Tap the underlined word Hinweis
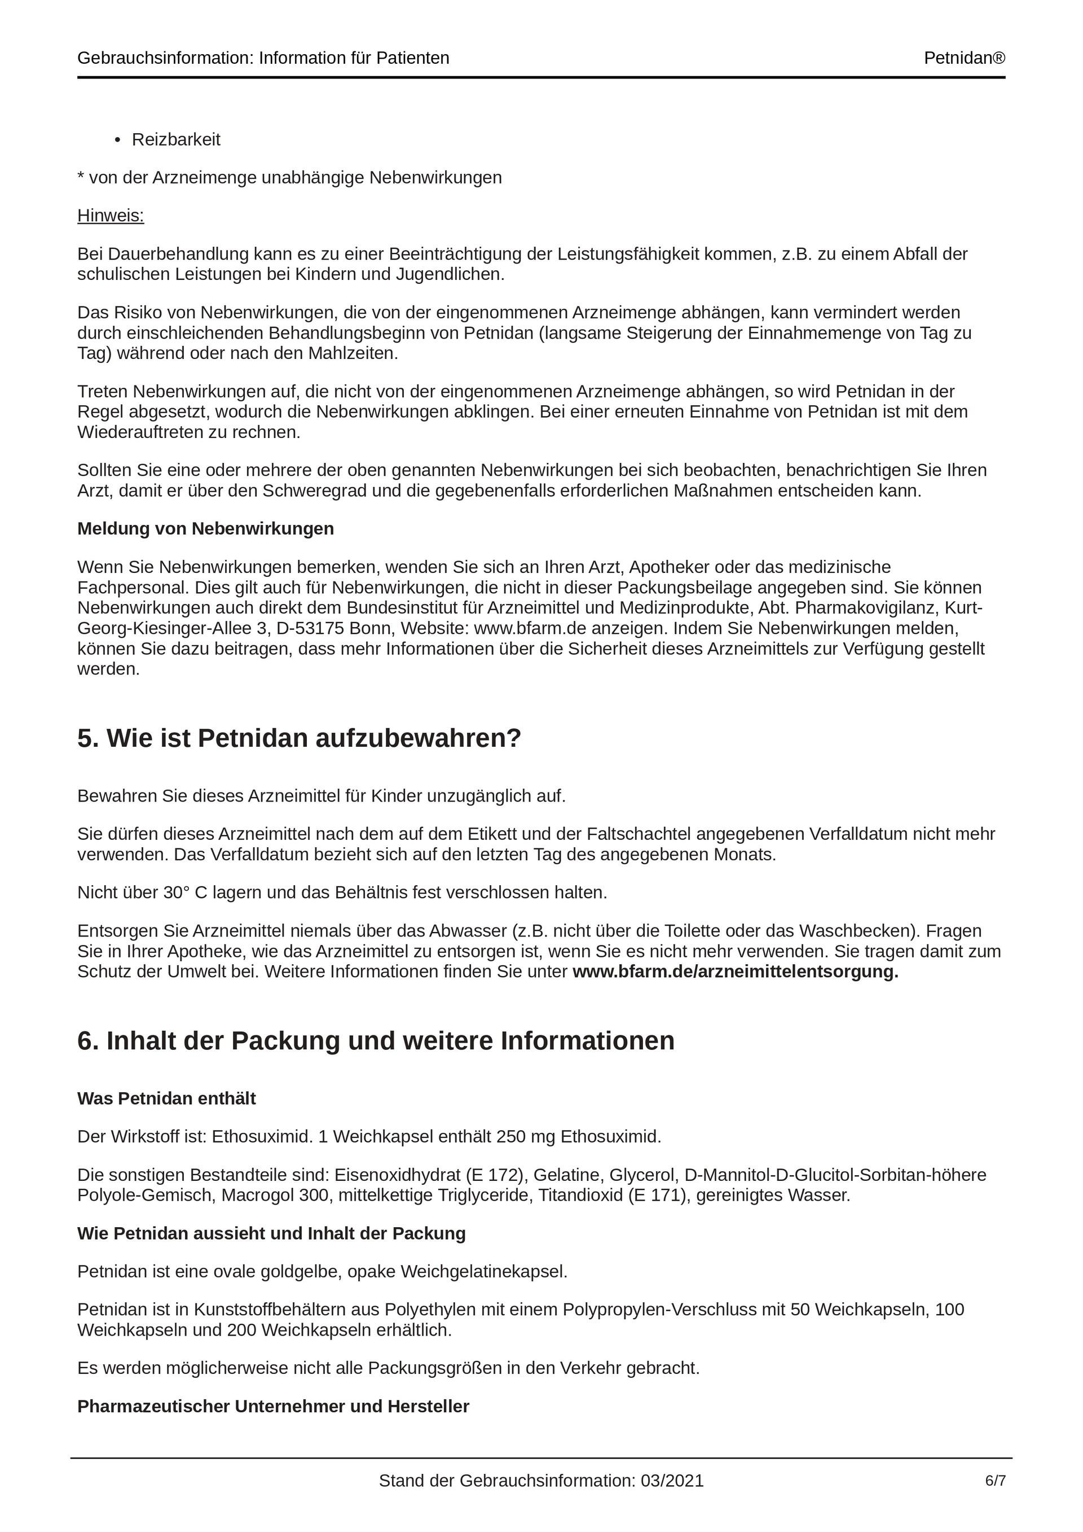tap(111, 216)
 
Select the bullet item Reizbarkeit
tap(176, 139)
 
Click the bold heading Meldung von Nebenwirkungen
tap(205, 528)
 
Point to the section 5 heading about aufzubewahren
tap(299, 739)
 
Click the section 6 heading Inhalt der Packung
tap(376, 1041)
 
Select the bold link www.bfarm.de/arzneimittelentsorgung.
tap(735, 971)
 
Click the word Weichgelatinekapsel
tap(483, 1271)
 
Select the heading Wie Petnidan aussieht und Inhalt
tap(271, 1233)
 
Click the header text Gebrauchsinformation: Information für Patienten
tap(263, 59)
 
